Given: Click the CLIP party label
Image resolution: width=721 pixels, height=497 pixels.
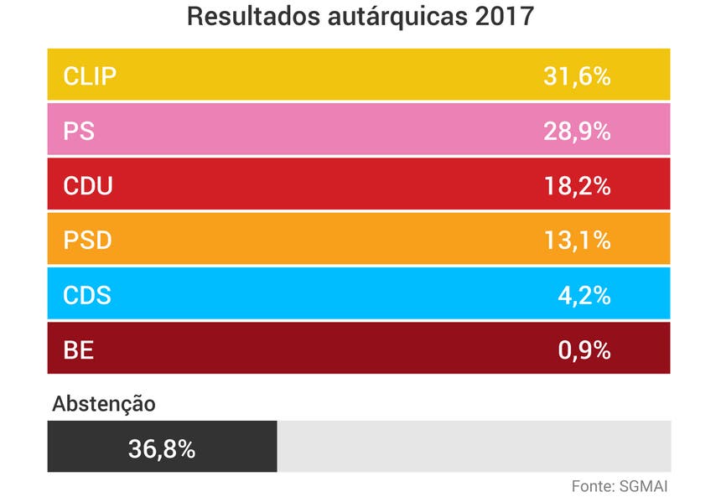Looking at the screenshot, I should click(x=90, y=77).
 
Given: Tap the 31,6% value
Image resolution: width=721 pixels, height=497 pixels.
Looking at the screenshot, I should click(x=576, y=77).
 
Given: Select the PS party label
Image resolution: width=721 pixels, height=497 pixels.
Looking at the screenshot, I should click(x=79, y=132).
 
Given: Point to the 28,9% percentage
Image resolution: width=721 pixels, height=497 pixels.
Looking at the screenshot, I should click(x=576, y=132).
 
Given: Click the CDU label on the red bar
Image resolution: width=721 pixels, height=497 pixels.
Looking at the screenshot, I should click(x=88, y=186).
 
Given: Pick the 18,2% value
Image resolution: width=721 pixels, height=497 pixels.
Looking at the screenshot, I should click(x=576, y=186).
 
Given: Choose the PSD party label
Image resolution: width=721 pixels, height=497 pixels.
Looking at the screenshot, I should click(x=88, y=241).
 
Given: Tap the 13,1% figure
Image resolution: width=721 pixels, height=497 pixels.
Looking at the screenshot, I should click(x=576, y=241).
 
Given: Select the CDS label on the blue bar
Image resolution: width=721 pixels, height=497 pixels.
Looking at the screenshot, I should click(x=87, y=295).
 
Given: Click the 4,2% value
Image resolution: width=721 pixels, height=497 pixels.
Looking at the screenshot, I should click(x=584, y=295).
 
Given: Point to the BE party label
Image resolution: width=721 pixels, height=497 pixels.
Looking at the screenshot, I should click(x=79, y=349).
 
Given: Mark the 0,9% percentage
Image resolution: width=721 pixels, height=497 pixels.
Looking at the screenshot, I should click(x=584, y=349).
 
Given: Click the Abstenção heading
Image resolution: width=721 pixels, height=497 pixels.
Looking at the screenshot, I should click(x=104, y=403).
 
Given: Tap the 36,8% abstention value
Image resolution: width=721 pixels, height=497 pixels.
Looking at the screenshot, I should click(x=162, y=448).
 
